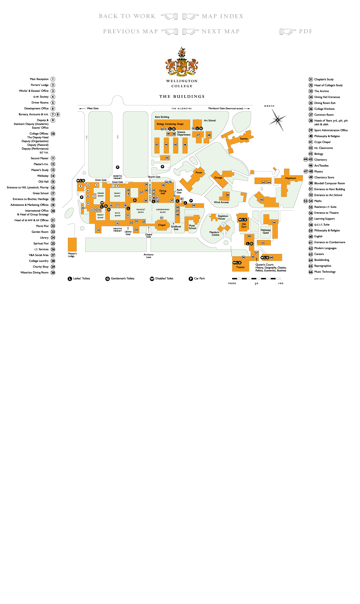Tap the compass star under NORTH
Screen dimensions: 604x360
pos(278,119)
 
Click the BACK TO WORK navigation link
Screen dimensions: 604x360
pos(127,16)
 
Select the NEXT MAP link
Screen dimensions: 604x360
pos(220,31)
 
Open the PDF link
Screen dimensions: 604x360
pos(306,31)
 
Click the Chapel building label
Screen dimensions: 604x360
pos(162,225)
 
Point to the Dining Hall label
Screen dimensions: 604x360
pos(163,192)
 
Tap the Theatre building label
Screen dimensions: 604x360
pos(240,267)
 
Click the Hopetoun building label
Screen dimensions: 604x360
pos(290,178)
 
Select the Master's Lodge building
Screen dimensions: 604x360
pos(72,244)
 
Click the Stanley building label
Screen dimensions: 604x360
pos(244,139)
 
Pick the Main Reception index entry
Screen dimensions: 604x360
pos(39,79)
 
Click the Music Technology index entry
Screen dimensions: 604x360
pos(325,272)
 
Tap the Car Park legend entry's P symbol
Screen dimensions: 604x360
pos(191,279)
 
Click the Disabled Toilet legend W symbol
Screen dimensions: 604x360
pos(152,279)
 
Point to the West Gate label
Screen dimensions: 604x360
pos(93,108)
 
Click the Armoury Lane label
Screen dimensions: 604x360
pos(149,256)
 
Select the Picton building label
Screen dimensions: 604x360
pos(199,172)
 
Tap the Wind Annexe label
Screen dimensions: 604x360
pos(221,202)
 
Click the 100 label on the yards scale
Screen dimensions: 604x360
pos(280,283)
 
